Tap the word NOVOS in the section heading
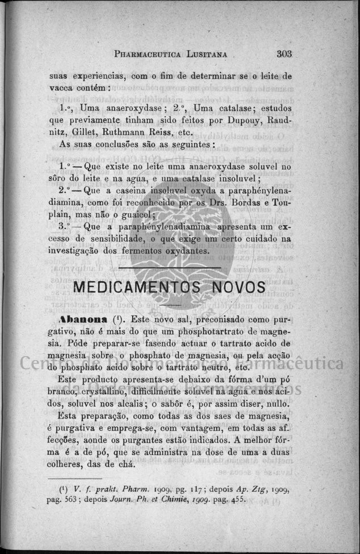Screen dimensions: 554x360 click(239, 287)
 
